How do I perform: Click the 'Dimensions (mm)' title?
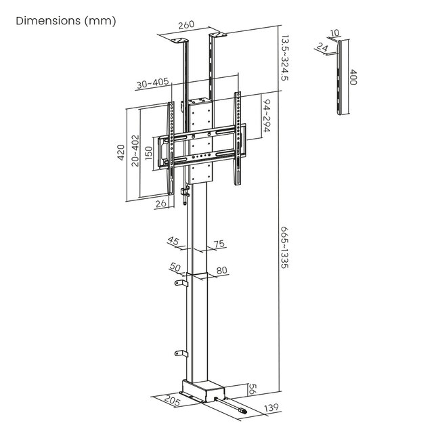point(66,20)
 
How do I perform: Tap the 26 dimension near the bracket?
point(160,202)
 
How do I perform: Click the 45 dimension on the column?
point(174,242)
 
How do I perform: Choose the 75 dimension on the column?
point(219,244)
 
